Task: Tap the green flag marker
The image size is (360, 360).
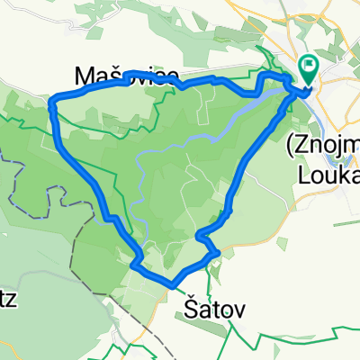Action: pyautogui.click(x=308, y=66)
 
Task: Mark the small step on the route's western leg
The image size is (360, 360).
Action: pyautogui.click(x=111, y=217)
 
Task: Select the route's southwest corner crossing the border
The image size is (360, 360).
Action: pyautogui.click(x=135, y=264)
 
